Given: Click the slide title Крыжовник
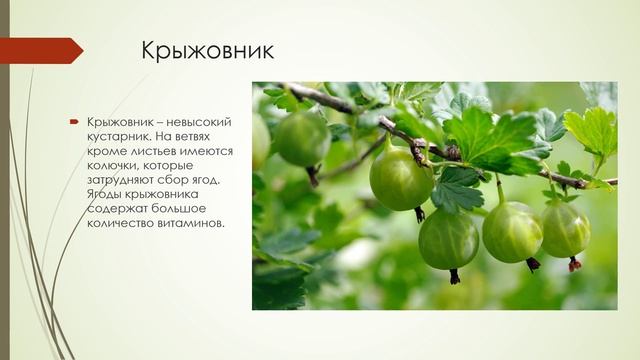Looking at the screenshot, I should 208,50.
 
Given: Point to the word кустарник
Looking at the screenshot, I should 116,136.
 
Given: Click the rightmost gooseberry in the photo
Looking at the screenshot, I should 565,229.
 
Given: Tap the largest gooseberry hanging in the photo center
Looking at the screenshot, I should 401,178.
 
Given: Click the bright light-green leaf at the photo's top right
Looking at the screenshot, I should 592,130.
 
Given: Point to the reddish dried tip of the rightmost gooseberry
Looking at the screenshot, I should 574,264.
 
